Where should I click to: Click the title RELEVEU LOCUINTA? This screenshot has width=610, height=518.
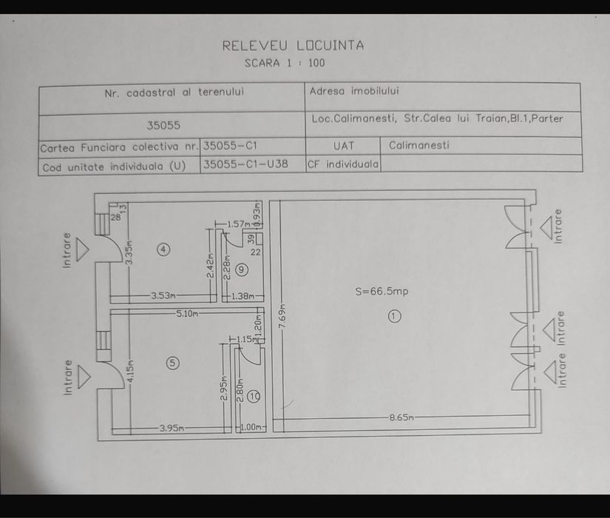[x=293, y=46]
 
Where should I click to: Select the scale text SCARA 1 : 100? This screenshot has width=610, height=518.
[x=285, y=63]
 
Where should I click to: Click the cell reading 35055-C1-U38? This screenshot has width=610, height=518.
[x=245, y=164]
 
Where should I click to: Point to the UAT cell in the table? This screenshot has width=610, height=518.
[x=344, y=146]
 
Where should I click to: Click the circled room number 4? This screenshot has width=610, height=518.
[x=163, y=249]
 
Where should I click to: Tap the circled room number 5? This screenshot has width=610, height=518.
[x=173, y=363]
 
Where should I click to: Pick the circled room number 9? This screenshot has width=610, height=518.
[x=242, y=269]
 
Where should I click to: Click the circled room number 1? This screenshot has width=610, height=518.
[x=395, y=316]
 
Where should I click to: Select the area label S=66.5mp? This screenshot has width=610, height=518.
[x=382, y=292]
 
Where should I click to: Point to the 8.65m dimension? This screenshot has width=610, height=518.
[x=401, y=418]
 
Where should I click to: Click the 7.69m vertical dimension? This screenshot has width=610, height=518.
[x=283, y=316]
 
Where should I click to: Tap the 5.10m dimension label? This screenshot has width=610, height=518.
[x=187, y=314]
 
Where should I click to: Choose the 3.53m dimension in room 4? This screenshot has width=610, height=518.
[x=163, y=295]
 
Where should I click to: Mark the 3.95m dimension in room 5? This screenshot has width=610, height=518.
[x=172, y=428]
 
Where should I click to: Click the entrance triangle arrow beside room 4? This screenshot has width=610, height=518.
[x=83, y=249]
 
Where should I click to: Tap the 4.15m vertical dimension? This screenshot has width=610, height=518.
[x=130, y=371]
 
